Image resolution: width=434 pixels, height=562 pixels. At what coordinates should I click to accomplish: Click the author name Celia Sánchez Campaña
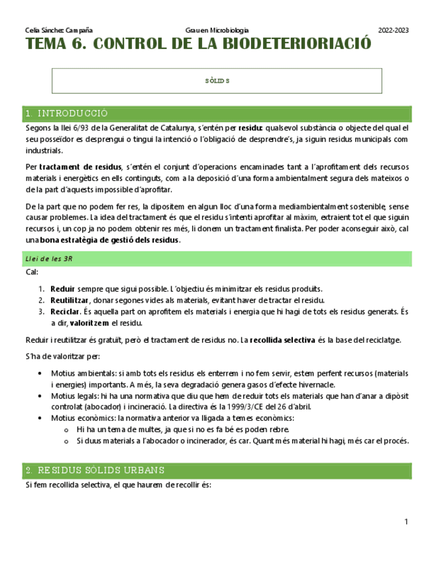click(x=58, y=30)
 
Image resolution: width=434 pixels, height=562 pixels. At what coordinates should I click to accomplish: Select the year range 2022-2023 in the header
click(x=393, y=30)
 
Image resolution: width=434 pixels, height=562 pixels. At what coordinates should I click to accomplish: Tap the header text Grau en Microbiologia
click(x=218, y=30)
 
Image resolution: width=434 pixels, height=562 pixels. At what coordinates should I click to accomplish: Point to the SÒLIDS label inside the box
click(x=217, y=81)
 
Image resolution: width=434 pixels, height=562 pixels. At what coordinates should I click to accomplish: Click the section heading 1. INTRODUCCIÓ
click(x=66, y=113)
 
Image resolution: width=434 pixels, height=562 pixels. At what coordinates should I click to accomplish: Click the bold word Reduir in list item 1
click(x=62, y=289)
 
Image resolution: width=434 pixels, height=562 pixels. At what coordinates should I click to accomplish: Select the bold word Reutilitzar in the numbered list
click(x=70, y=300)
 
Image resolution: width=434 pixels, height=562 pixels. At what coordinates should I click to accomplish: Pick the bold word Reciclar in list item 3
click(x=66, y=311)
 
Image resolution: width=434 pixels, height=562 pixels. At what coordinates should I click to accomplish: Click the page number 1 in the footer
click(x=406, y=522)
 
